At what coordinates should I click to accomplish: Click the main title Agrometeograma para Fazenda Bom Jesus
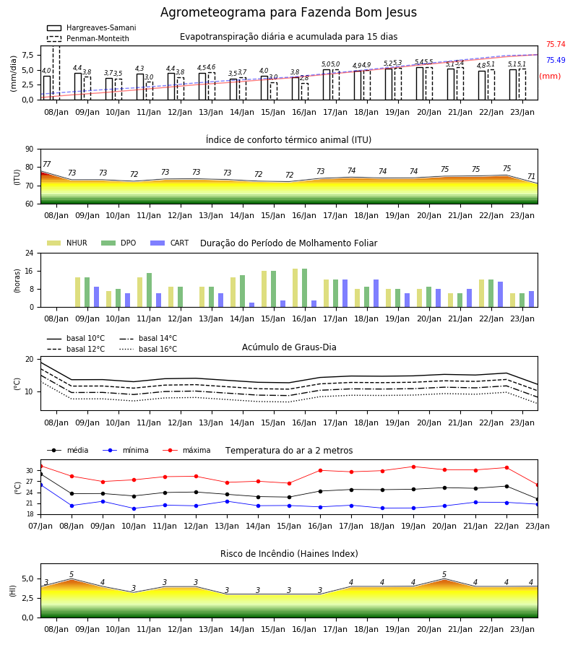pos(288,12)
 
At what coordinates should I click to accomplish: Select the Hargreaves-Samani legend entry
pos(91,27)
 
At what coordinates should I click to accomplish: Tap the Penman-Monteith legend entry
pos(88,38)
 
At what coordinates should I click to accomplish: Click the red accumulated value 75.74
pos(556,44)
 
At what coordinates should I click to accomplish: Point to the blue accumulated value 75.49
pos(556,60)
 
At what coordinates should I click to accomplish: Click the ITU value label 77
pos(47,164)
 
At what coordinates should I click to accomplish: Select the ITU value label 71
pos(531,177)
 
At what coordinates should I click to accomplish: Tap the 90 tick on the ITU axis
pos(30,149)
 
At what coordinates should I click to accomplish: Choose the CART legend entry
pos(169,243)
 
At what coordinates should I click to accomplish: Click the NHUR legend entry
pos(66,243)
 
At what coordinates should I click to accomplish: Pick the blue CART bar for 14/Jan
pos(251,305)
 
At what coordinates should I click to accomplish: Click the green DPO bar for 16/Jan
pos(304,288)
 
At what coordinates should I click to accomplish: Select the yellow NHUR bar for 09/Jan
pos(77,292)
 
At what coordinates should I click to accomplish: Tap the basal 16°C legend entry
pos(148,349)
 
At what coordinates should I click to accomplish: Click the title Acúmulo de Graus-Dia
pos(289,347)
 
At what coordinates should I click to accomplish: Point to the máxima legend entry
pos(186,450)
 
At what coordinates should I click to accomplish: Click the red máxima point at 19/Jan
pos(413,467)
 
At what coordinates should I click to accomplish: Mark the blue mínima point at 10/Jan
pos(134,508)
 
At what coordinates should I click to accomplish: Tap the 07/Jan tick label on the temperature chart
pos(40,526)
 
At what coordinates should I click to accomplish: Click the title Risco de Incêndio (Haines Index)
pos(289,554)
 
